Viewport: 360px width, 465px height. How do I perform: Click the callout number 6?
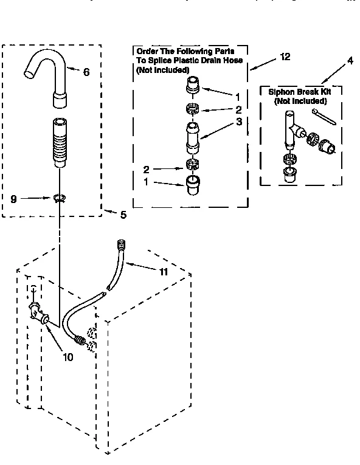[86, 72]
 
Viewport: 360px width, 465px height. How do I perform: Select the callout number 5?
[123, 215]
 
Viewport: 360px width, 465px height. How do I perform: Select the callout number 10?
[67, 357]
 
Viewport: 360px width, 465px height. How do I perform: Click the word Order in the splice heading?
[148, 52]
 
